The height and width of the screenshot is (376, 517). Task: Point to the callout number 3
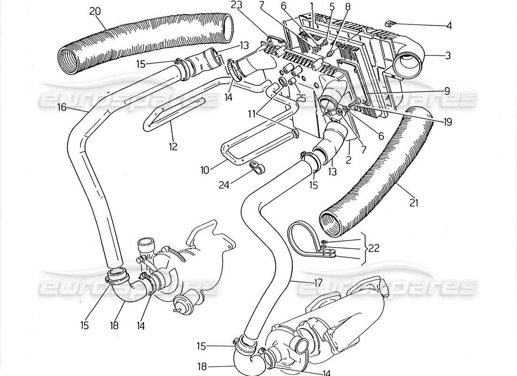click(x=448, y=55)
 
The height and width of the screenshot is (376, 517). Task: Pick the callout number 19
click(x=447, y=122)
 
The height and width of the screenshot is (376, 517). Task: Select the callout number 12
click(x=173, y=147)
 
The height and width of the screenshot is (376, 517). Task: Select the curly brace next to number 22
click(x=365, y=249)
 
